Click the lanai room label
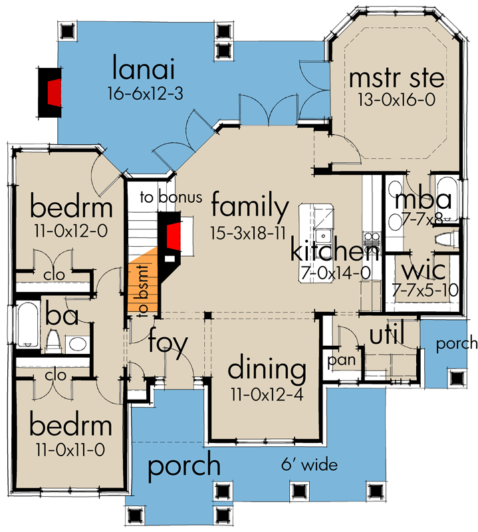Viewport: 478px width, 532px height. point(143,68)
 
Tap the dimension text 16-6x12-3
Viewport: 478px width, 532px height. point(146,93)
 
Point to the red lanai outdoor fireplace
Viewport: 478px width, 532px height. point(55,93)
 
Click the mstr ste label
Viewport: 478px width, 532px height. point(397,78)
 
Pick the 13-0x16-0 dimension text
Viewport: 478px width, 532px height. point(396,100)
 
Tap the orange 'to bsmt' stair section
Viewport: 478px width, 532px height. point(143,282)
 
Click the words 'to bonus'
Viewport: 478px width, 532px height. point(171,197)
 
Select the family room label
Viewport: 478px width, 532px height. point(250,205)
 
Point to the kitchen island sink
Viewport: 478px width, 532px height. point(323,235)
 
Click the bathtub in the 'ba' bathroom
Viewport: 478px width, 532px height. point(27,325)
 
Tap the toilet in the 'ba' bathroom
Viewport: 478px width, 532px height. point(53,341)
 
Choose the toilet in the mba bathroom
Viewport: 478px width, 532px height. point(447,239)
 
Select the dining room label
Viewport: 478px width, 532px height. point(267,369)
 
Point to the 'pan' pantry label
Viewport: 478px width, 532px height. point(342,360)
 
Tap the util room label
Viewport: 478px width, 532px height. point(386,334)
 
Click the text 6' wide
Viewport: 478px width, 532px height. point(309,464)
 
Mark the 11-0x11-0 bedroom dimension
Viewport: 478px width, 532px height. point(70,450)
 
